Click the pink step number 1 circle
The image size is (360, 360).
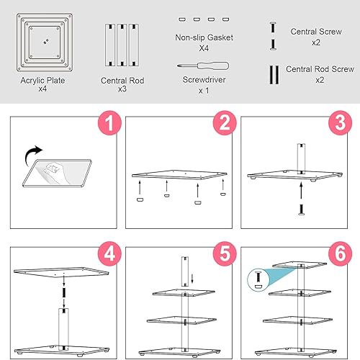point(109,123)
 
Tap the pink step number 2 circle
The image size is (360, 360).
point(225,123)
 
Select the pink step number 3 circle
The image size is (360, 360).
point(341,123)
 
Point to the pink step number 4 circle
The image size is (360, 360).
point(109,253)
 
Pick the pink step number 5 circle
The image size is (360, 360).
point(225,253)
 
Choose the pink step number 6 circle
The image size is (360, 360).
point(341,253)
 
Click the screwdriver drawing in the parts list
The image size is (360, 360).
point(203,66)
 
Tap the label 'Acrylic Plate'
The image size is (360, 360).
point(42,81)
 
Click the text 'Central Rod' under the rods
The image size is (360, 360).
point(122,81)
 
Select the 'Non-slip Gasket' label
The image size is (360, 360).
point(204,37)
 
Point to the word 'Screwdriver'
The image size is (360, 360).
point(204,80)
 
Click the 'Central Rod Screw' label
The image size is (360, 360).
point(320,69)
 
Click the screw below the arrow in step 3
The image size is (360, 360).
point(301,210)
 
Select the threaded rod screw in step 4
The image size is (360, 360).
point(64,292)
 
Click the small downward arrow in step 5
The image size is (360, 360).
point(192,279)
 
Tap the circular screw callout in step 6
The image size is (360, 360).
point(258,280)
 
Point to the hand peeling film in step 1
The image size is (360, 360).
point(55,171)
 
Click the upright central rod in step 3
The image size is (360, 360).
point(301,158)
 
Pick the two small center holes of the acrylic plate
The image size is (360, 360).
point(46,42)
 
